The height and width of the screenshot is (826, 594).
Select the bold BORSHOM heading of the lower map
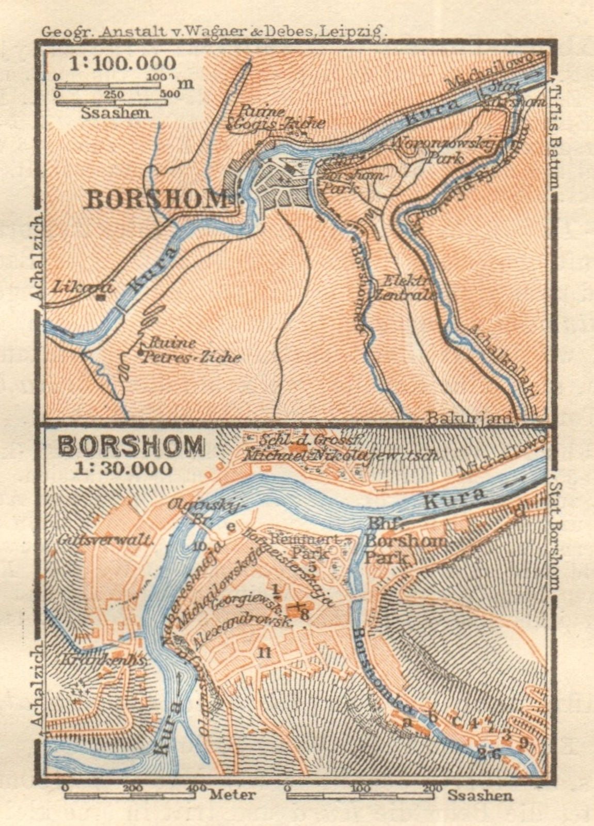pos(132,445)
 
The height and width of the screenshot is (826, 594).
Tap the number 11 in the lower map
pos(264,653)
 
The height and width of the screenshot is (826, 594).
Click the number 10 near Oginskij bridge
pos(201,546)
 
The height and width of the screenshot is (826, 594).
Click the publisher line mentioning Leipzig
pos(214,31)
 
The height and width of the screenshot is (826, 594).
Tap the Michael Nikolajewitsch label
pos(341,456)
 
